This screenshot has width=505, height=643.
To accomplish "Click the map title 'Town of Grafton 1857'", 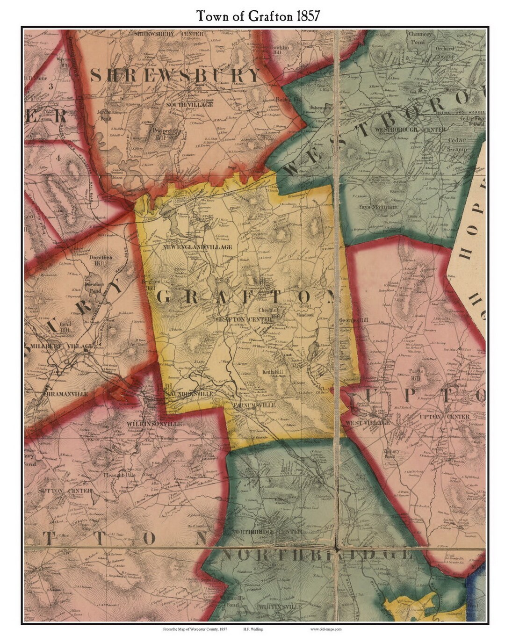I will pyautogui.click(x=258, y=15).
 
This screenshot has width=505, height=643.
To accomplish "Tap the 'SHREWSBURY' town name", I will pyautogui.click(x=175, y=75).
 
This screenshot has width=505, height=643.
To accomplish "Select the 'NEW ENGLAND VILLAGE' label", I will pyautogui.click(x=197, y=247).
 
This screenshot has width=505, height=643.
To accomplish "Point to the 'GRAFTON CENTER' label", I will pyautogui.click(x=243, y=319).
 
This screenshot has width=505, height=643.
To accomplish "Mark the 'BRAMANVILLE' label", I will pyautogui.click(x=67, y=394).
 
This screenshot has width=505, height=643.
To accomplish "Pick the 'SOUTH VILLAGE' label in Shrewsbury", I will pyautogui.click(x=189, y=105).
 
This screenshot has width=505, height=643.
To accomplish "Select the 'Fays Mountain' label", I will pyautogui.click(x=378, y=207).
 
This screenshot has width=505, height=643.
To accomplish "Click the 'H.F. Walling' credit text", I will pyautogui.click(x=252, y=629).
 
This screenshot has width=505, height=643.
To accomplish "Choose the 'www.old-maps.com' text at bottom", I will pyautogui.click(x=326, y=629).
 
